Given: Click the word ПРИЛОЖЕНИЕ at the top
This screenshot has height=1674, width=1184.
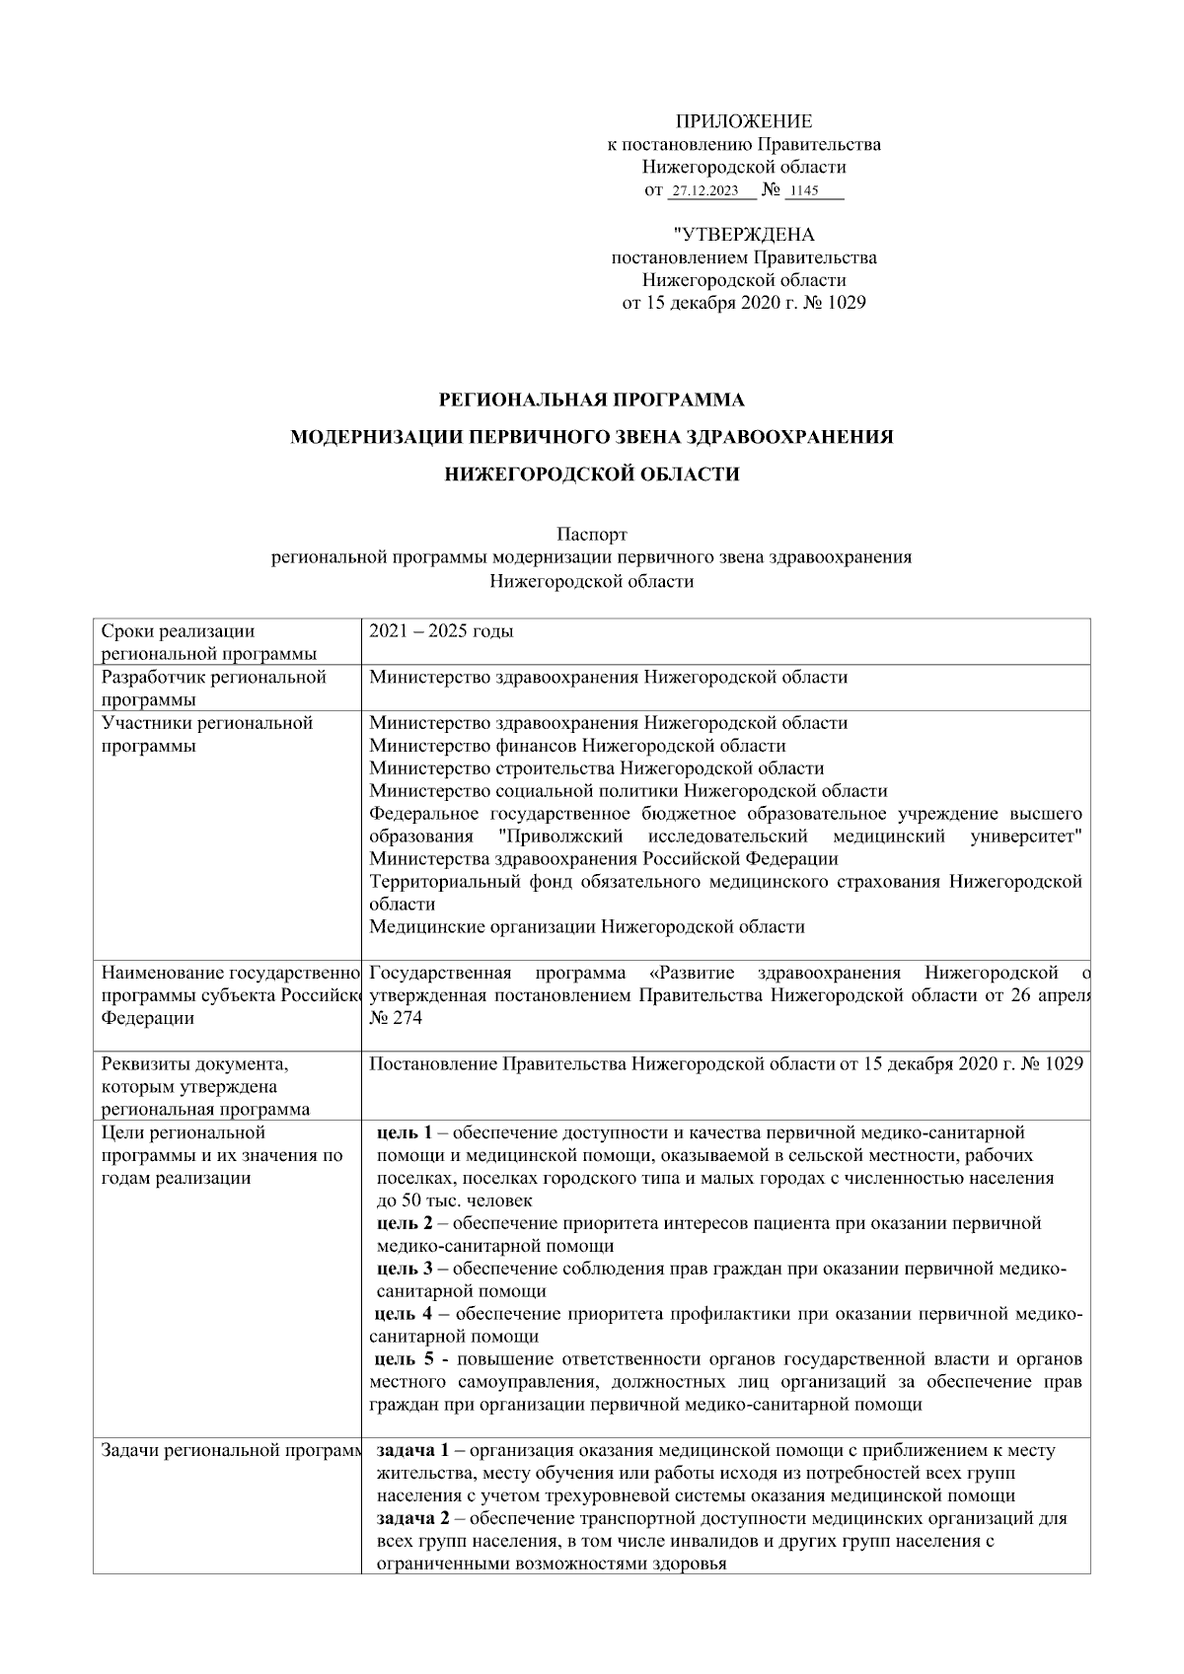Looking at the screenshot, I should coord(743,121).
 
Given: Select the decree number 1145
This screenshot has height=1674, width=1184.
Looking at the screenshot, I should coord(805,191).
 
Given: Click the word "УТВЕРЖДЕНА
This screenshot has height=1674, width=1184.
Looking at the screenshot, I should coord(743,235).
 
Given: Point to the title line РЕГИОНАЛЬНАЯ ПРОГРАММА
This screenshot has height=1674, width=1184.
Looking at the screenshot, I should coord(591,400).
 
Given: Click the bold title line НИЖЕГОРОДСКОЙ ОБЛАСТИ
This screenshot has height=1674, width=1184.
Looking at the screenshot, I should coord(591,474).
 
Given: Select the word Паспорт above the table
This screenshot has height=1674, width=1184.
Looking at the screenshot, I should coord(591,535).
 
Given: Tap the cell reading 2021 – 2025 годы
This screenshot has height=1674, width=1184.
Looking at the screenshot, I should coord(441,631).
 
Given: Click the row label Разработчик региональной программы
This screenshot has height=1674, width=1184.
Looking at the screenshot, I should coord(214,688).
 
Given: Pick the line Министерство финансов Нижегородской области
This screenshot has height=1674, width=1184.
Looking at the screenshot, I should coord(577,746).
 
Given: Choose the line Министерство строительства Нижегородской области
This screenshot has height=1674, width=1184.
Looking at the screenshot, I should coord(596,768).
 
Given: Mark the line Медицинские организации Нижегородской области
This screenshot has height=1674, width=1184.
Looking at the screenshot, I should coord(586,927).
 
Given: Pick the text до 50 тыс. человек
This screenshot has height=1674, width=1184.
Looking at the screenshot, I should coord(454,1201).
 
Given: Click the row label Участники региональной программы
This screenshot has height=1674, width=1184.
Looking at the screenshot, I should coord(207,734).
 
